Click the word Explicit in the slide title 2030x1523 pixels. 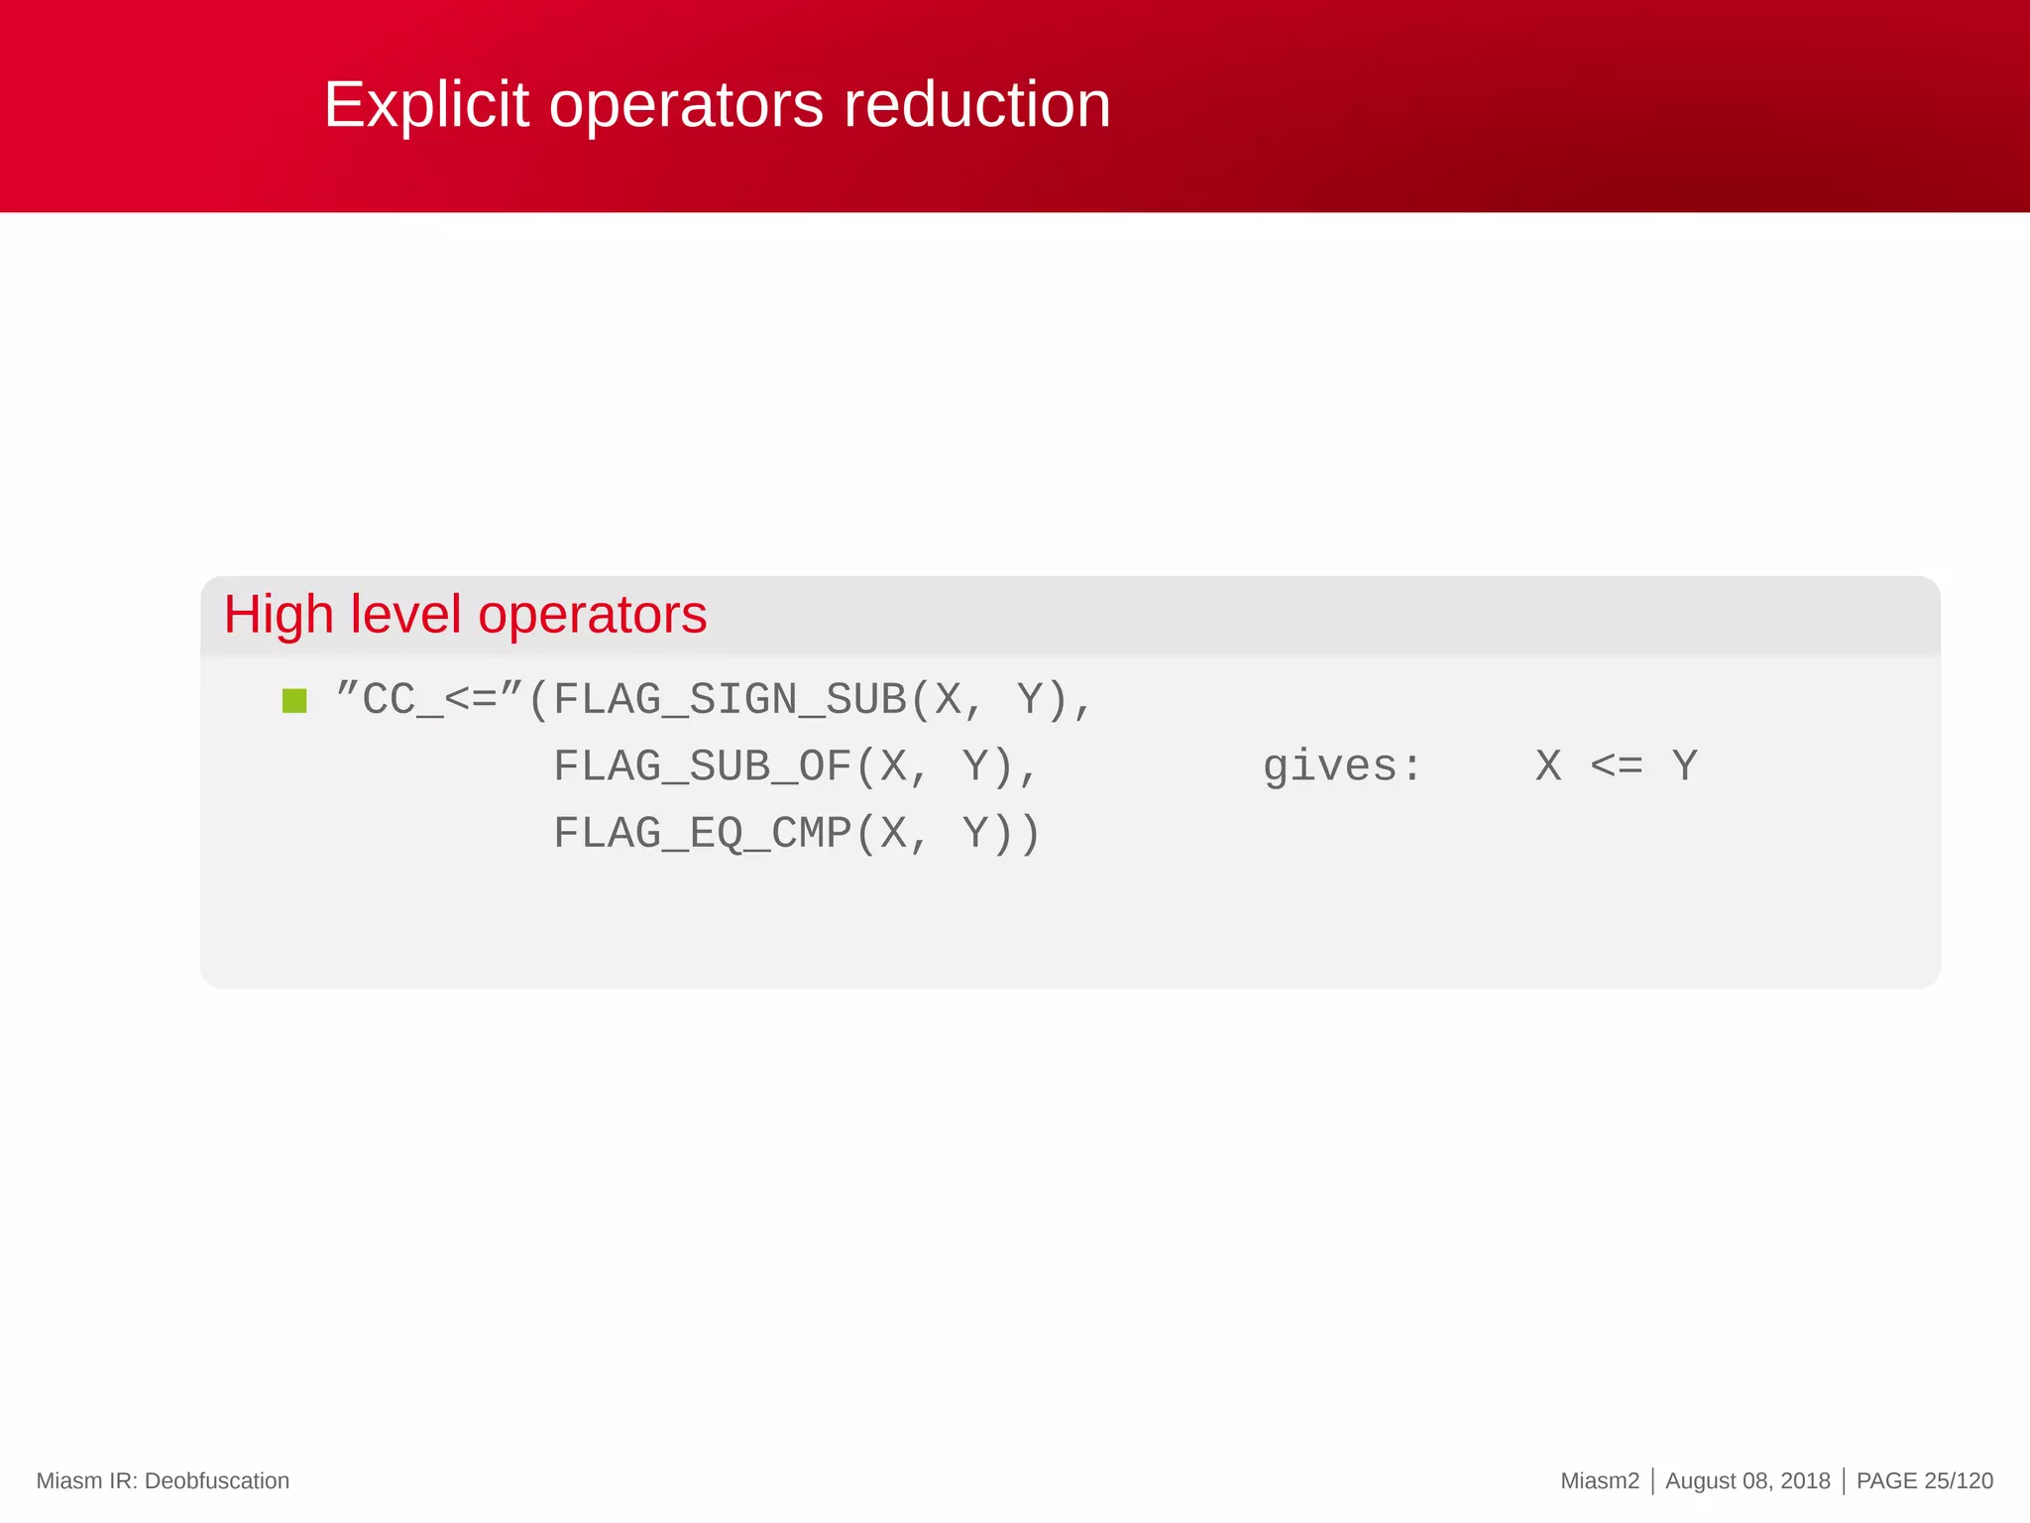click(x=427, y=105)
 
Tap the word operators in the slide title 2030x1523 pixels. click(x=686, y=105)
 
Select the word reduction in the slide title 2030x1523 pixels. click(x=976, y=105)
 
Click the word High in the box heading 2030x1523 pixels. click(x=279, y=615)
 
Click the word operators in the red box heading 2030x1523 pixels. click(x=593, y=615)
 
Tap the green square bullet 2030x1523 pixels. click(x=294, y=701)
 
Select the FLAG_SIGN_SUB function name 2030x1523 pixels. click(x=731, y=700)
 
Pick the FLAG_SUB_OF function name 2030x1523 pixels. click(x=703, y=766)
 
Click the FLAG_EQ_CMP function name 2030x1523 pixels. click(x=703, y=833)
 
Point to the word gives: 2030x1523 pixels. click(x=1342, y=766)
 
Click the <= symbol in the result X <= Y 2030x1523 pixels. click(x=1617, y=765)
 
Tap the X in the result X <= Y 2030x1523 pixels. click(x=1548, y=765)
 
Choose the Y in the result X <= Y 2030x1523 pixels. click(x=1685, y=765)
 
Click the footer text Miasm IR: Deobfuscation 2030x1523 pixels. click(x=163, y=1480)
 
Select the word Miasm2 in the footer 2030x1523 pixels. click(x=1600, y=1480)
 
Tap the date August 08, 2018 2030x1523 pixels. click(x=1748, y=1480)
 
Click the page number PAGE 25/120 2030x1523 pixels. click(x=1924, y=1480)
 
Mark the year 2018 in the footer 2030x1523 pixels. click(x=1805, y=1480)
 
